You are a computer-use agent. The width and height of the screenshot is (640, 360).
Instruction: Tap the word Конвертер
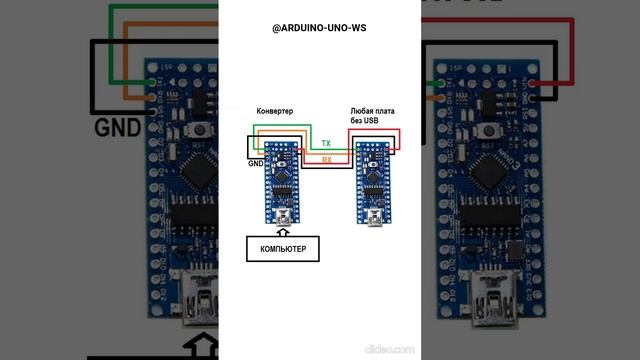tap(274, 111)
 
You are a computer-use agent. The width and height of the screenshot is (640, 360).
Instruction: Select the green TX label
tap(326, 145)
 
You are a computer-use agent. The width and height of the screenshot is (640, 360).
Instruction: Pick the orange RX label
tap(326, 160)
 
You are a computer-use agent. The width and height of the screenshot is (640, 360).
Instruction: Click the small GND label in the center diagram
tap(256, 162)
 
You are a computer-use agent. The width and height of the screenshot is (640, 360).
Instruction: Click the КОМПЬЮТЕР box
tap(283, 246)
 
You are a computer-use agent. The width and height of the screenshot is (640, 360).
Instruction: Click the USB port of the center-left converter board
tap(283, 214)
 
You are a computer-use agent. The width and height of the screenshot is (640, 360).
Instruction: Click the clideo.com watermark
tap(389, 349)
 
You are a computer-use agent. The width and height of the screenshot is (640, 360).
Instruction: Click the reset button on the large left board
tap(204, 130)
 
